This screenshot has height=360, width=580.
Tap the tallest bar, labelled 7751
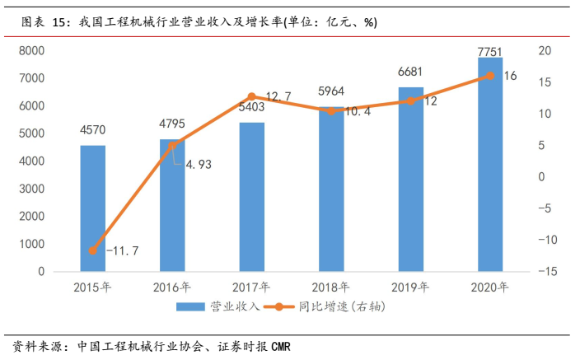pos(490,165)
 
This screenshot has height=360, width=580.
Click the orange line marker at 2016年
pos(172,146)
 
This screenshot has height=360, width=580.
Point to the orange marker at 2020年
pos(490,75)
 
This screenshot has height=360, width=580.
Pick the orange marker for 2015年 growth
pos(92,250)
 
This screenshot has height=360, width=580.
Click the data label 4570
pos(92,129)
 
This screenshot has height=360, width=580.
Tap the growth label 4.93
pos(199,164)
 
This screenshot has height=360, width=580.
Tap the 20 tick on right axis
pos(544,50)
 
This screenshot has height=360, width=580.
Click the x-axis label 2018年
pos(331,288)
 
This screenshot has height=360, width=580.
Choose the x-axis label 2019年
pos(411,288)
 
